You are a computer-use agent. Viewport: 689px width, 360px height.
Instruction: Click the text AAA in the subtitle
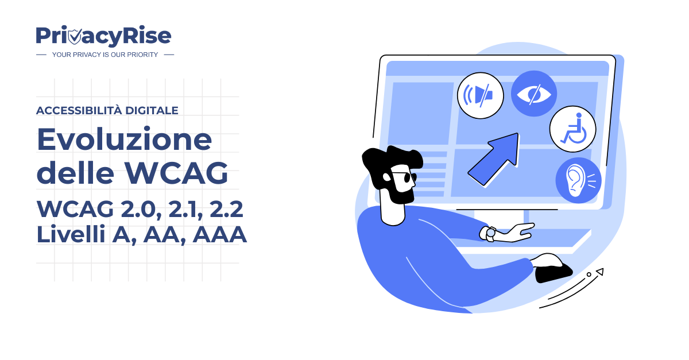(221, 235)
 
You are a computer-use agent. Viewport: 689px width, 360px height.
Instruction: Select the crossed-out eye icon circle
(534, 94)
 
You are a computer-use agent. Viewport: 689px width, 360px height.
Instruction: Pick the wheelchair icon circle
(572, 129)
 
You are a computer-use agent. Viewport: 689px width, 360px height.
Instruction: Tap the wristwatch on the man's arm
(490, 234)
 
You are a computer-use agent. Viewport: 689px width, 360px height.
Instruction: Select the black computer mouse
(553, 270)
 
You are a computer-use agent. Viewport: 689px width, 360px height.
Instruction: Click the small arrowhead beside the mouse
(599, 271)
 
